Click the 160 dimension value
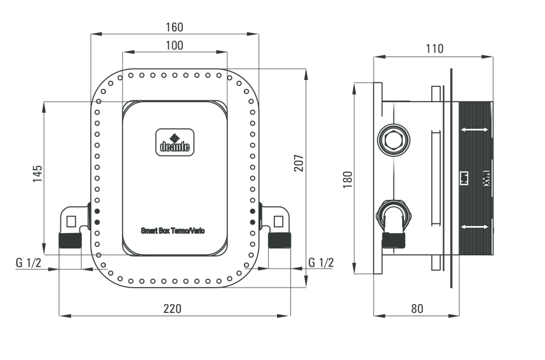[174, 27]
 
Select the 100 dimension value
[174, 45]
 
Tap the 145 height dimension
[36, 173]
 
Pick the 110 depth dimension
[434, 48]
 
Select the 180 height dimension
[347, 179]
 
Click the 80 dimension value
[417, 309]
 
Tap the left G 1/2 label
[29, 262]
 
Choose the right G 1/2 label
[321, 262]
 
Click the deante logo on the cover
[173, 141]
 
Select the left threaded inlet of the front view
[70, 241]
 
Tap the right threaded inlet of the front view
[279, 241]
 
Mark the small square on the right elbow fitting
[278, 222]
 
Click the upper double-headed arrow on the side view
[475, 130]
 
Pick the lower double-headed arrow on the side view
[475, 227]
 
